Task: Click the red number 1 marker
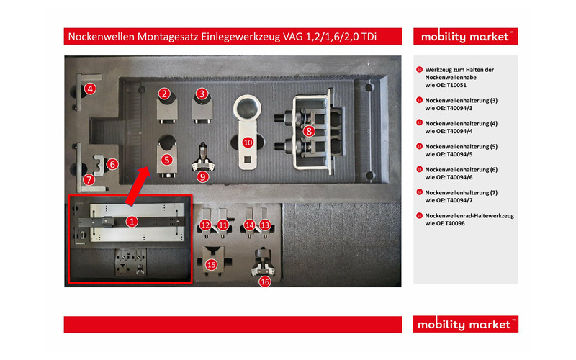pyautogui.click(x=132, y=222)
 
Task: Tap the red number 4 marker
pyautogui.click(x=90, y=89)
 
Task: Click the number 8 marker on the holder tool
pyautogui.click(x=309, y=131)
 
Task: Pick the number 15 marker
pyautogui.click(x=211, y=264)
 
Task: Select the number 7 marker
pyautogui.click(x=89, y=179)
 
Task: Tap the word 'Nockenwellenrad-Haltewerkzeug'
pyautogui.click(x=469, y=215)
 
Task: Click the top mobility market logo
pyautogui.click(x=466, y=37)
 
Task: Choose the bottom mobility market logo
pyautogui.click(x=466, y=325)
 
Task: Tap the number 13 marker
pyautogui.click(x=264, y=225)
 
